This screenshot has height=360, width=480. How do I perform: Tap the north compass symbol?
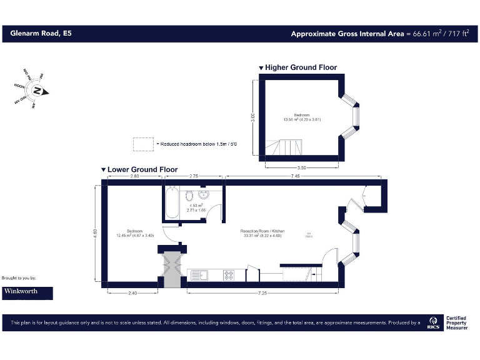38,91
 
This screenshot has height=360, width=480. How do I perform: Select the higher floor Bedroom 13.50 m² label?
302,117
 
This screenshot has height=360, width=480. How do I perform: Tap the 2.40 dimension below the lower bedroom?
131,292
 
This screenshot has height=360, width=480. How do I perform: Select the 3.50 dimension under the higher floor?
302,167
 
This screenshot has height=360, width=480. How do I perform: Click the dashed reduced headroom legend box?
143,144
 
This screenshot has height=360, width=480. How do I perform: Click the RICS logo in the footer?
433,323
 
